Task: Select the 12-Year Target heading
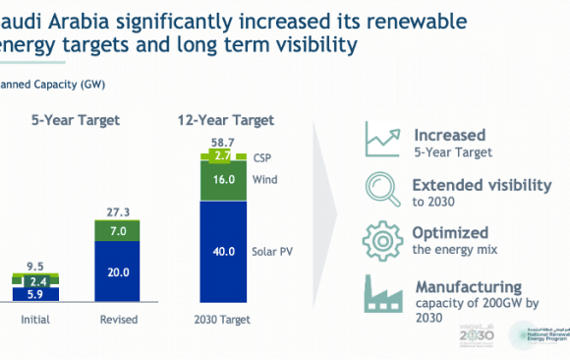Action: [221, 120]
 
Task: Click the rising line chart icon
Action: [379, 140]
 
